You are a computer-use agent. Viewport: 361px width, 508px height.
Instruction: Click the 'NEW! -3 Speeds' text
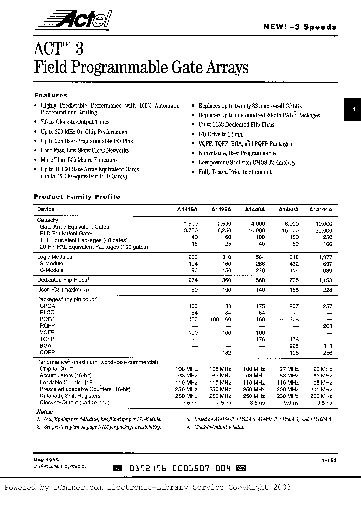tap(300, 27)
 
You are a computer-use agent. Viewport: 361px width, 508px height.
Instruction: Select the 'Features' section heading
tap(51, 95)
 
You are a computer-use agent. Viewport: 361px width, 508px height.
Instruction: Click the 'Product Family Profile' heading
tap(77, 197)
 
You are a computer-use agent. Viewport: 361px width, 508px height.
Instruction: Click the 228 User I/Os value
tap(326, 290)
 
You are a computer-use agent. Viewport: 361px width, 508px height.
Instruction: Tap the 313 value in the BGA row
tap(326, 346)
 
